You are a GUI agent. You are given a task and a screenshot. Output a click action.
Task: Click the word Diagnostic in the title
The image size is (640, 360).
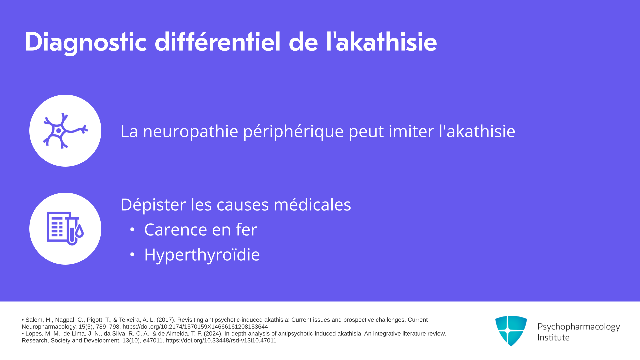[86, 42]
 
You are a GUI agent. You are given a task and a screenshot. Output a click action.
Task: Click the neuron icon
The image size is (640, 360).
[65, 131]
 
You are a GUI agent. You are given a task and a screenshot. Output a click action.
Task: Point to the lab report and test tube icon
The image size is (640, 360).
[65, 229]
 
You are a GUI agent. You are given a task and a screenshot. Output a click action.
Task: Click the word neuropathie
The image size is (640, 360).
[190, 131]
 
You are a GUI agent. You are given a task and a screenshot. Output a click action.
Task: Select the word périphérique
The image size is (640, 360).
[293, 131]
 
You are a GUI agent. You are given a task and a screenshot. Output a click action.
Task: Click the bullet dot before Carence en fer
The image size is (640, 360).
[132, 230]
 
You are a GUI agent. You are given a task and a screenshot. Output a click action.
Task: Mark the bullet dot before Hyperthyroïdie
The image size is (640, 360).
[132, 255]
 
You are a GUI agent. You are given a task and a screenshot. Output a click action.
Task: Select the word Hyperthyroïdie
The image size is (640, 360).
[202, 255]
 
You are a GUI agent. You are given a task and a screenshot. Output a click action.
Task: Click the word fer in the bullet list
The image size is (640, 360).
[246, 229]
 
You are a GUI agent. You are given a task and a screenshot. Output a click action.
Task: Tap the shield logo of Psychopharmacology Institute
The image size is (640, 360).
[511, 331]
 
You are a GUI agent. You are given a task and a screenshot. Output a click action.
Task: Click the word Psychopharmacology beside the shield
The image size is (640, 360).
[579, 327]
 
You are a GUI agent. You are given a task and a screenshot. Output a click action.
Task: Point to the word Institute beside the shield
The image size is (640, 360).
[553, 337]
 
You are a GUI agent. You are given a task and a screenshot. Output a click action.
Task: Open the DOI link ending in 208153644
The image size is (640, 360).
[195, 327]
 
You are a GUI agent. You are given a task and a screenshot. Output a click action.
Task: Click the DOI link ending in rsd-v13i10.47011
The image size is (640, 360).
[221, 341]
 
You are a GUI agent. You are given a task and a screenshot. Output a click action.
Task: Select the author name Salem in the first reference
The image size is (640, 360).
[34, 320]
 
